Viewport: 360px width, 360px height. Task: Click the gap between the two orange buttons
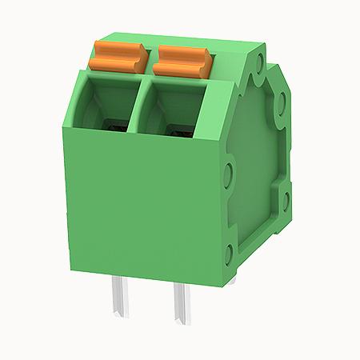point(152,58)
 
